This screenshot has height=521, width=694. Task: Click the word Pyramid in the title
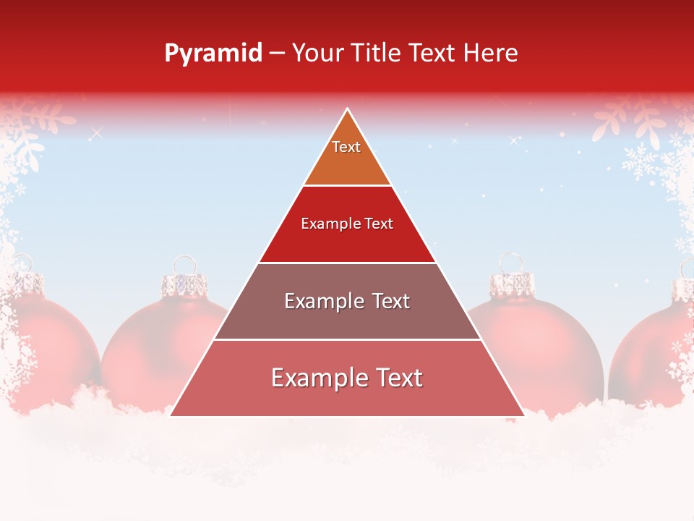tap(213, 54)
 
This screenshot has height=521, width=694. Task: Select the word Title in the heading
tap(378, 53)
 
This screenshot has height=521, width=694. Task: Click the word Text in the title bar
tap(433, 53)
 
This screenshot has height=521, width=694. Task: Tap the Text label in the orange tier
tap(346, 147)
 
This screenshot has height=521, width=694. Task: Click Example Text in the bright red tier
tap(347, 224)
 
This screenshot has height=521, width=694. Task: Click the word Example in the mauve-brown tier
tap(317, 301)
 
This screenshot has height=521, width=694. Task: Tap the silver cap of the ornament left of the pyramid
tap(183, 285)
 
